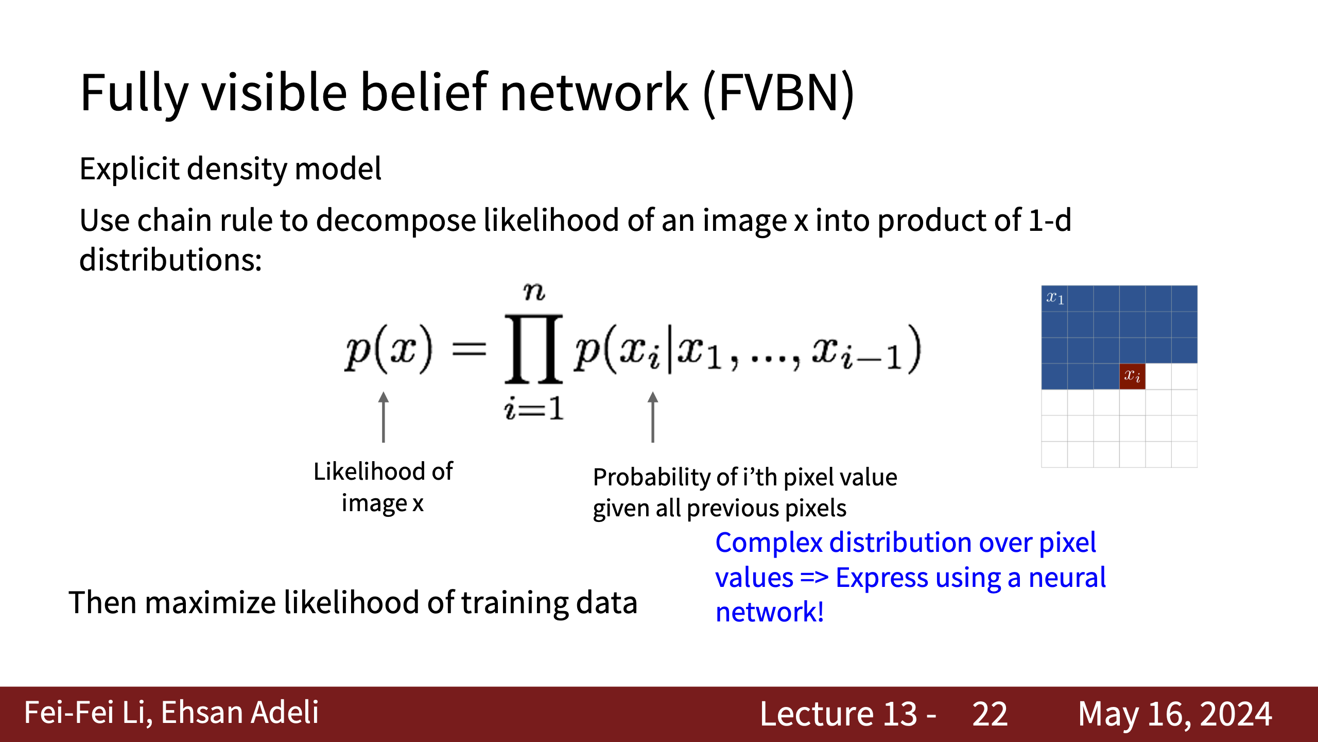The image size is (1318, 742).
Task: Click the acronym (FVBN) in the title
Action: [x=779, y=93]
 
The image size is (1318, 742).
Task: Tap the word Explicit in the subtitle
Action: [x=129, y=169]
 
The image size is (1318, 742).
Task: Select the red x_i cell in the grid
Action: [x=1132, y=376]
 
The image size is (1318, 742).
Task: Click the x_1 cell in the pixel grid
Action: [x=1054, y=298]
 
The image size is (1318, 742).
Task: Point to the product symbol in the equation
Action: [x=533, y=349]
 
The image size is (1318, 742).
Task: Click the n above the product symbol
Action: [x=534, y=292]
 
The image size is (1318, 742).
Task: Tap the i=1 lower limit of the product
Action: [x=534, y=409]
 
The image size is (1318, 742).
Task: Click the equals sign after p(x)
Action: [x=469, y=350]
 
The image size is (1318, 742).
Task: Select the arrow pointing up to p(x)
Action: [x=383, y=417]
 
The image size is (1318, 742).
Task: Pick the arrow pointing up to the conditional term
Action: [x=653, y=417]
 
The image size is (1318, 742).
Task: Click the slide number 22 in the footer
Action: [x=990, y=714]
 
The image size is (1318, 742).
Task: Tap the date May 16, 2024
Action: [x=1175, y=715]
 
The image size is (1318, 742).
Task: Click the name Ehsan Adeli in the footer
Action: [x=240, y=713]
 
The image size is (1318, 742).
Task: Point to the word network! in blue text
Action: [x=770, y=612]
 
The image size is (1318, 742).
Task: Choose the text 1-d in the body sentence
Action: [x=1050, y=220]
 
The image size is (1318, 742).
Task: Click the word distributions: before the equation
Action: [x=170, y=259]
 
